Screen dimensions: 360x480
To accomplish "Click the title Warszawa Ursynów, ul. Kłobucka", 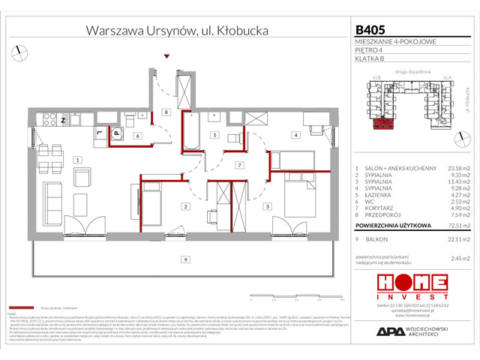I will click(177, 31).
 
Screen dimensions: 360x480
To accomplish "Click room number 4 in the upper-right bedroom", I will click(296, 135).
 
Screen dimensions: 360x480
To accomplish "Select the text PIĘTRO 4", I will click(369, 50).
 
